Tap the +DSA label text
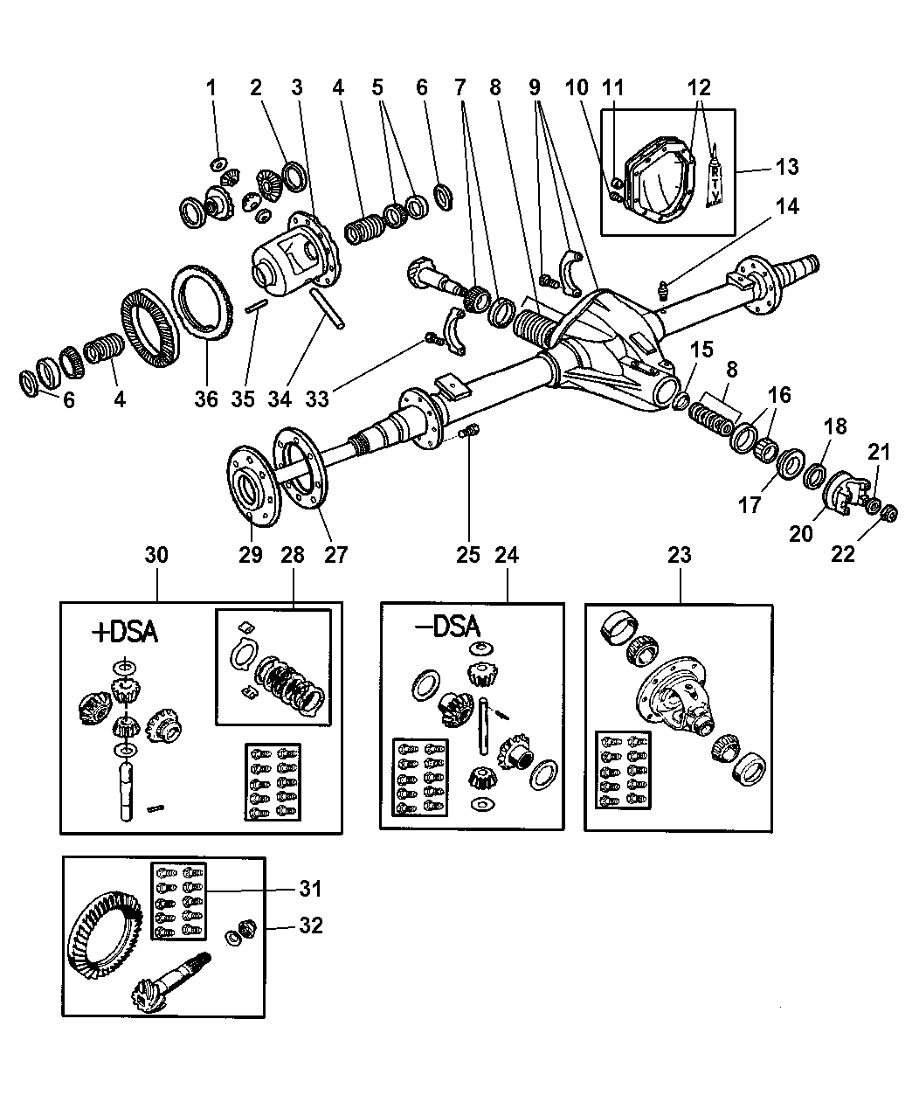125,632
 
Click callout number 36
206,399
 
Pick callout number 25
468,554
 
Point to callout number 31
309,889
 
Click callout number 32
309,925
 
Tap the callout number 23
680,554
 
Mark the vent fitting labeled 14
663,288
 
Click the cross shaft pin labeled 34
328,309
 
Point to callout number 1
211,87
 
